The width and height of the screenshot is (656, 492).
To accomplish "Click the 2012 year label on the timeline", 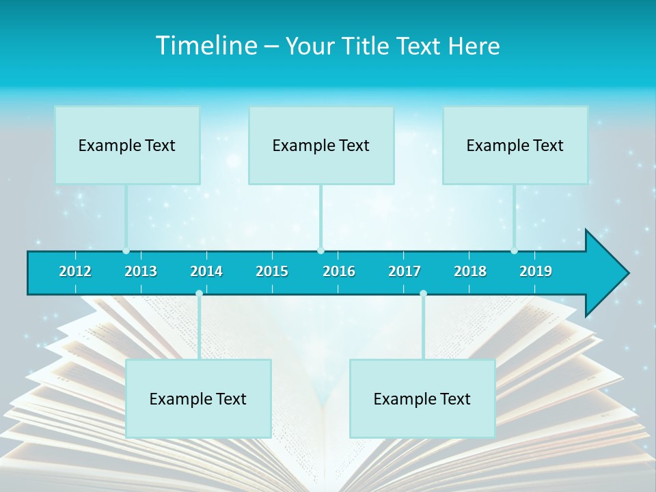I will point(75,271).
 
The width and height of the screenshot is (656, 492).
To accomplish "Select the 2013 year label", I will point(141,271).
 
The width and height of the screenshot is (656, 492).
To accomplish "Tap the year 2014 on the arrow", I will point(206,271).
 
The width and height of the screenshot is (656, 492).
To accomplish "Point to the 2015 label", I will point(272,271).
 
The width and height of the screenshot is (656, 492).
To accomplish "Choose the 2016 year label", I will point(339,271).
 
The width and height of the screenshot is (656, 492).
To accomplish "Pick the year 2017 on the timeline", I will point(405,271).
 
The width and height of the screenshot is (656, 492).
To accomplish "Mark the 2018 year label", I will point(470,271).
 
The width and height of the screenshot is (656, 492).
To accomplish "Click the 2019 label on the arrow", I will point(536,271).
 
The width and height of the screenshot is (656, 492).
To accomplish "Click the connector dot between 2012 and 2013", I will point(126,251).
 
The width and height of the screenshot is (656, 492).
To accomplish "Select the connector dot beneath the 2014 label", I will point(199,294).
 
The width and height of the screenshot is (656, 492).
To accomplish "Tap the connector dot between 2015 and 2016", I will point(320,251).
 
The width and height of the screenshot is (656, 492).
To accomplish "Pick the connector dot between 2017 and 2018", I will point(423,294).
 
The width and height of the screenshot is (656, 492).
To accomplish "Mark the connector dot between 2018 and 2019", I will point(514,251).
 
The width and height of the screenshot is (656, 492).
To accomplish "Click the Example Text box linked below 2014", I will point(198,398).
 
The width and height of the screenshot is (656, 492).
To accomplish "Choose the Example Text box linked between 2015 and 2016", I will point(321,145).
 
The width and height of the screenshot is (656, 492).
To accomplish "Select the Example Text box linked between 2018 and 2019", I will point(515,145).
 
